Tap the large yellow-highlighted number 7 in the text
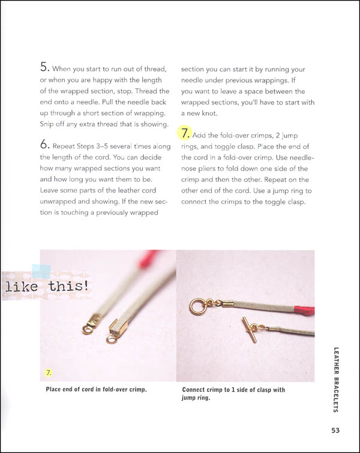coord(185,132)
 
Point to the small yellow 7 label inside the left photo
coord(49,373)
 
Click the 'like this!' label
coord(47,287)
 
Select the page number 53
coord(337,429)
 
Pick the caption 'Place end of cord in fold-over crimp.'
coord(97,389)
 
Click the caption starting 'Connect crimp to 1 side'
coord(233,393)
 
